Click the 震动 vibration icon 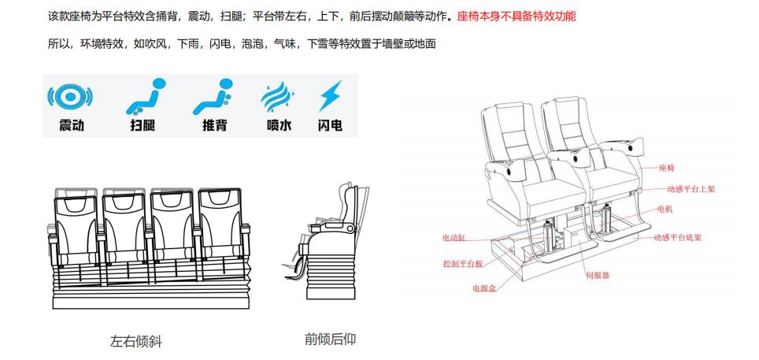71,97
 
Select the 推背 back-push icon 213,95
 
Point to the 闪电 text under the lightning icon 329,125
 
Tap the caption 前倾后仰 330,340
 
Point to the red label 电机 666,210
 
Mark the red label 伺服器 598,275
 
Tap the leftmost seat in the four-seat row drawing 75,228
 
